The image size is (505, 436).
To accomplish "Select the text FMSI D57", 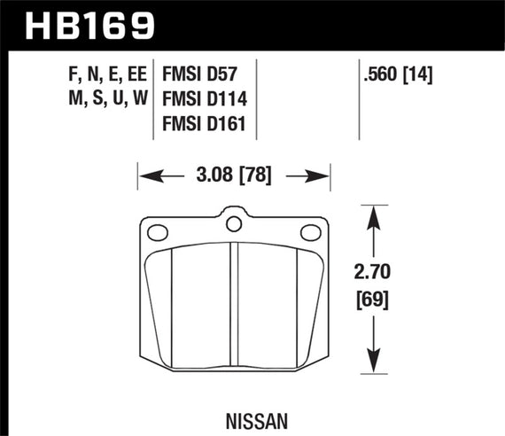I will [x=206, y=73].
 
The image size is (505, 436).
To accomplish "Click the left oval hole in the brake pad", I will [x=158, y=233].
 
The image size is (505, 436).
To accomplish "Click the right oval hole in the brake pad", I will [x=310, y=233].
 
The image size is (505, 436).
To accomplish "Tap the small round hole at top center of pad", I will [x=234, y=222].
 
